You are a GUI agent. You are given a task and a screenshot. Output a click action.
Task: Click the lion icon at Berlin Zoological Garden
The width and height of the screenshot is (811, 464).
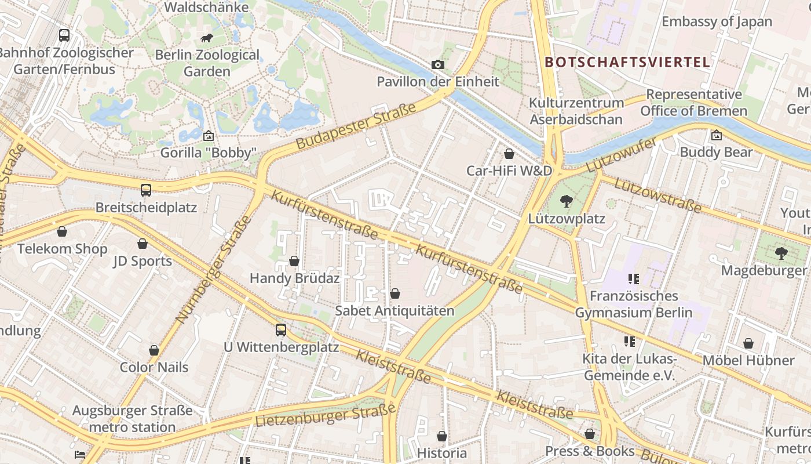[x=206, y=38]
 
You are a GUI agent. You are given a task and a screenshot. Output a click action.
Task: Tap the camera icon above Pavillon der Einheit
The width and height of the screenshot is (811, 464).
[x=437, y=64]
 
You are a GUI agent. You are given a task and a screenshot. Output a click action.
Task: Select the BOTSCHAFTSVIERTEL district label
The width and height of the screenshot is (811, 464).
[x=627, y=62]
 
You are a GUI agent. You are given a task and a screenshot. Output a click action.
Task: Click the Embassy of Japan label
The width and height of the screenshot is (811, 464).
[x=717, y=22]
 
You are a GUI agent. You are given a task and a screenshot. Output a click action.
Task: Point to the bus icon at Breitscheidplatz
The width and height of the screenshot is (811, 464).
[x=146, y=190]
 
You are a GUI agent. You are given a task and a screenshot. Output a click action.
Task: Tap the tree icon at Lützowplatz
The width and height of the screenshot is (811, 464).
[x=566, y=201]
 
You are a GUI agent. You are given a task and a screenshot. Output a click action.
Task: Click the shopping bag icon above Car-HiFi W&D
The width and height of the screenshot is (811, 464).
[x=509, y=154]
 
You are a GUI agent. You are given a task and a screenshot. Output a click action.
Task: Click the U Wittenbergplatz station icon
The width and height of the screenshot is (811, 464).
[x=281, y=330]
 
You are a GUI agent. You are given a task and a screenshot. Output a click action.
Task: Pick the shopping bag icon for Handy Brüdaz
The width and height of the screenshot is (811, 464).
[x=294, y=261]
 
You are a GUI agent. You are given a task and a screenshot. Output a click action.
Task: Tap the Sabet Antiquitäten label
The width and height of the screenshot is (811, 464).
[x=394, y=311]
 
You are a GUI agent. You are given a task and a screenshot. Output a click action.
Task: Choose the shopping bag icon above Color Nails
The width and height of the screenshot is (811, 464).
[x=154, y=350]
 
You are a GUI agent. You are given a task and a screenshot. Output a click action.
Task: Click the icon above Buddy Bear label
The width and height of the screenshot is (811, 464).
[x=716, y=135]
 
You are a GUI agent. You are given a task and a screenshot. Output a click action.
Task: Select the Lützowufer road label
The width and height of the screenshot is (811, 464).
[x=621, y=155]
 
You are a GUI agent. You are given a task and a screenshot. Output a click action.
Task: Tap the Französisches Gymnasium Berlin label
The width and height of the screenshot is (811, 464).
[x=634, y=304]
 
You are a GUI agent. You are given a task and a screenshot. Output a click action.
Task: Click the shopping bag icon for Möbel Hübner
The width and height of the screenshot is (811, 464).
[x=748, y=343]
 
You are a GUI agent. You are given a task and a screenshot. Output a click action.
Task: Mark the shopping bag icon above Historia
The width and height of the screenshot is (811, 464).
[x=442, y=436]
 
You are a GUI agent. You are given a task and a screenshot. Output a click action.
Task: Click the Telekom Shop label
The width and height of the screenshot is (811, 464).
[x=62, y=249]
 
